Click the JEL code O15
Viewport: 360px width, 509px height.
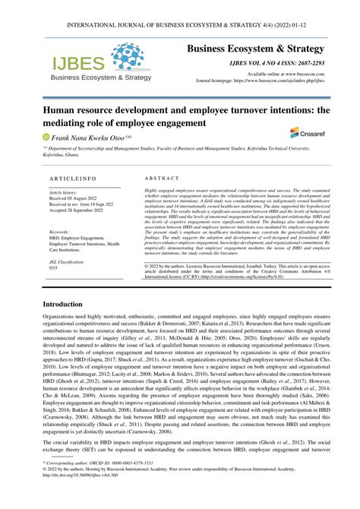pos(53,247)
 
